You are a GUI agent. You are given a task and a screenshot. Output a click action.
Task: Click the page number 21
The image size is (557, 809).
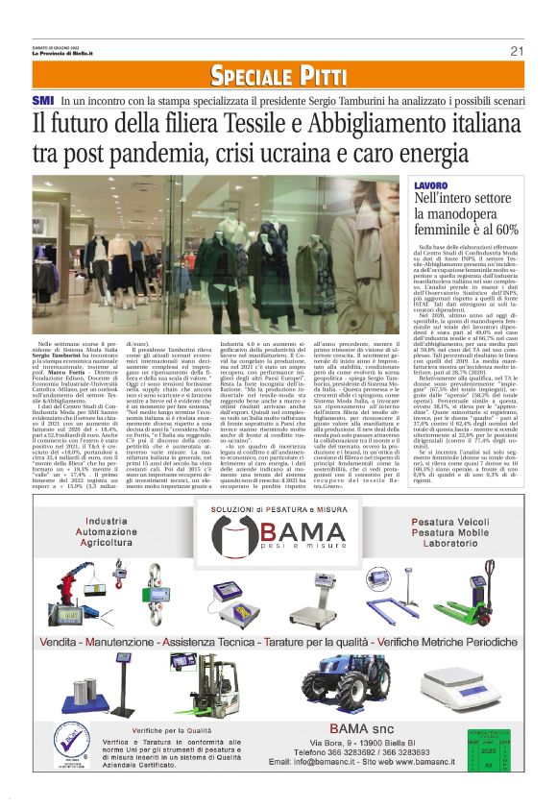click(517, 50)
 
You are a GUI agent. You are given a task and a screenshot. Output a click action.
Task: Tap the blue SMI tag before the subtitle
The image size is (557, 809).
click(42, 100)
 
